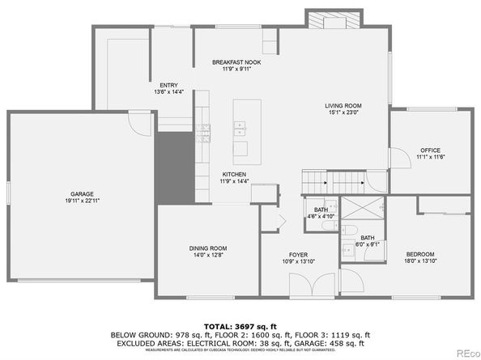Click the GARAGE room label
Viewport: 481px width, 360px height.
tap(82, 194)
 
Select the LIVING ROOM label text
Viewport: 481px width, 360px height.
tap(343, 106)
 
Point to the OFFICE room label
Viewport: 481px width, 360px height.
tap(429, 150)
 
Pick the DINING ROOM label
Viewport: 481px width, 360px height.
tap(208, 248)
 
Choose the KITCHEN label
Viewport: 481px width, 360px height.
tap(234, 175)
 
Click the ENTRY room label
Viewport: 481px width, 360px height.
tap(168, 85)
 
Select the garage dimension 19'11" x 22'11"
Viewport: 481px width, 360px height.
tap(82, 201)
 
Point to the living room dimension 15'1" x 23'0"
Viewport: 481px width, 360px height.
tap(343, 113)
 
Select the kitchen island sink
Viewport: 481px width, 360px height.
tap(240, 127)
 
